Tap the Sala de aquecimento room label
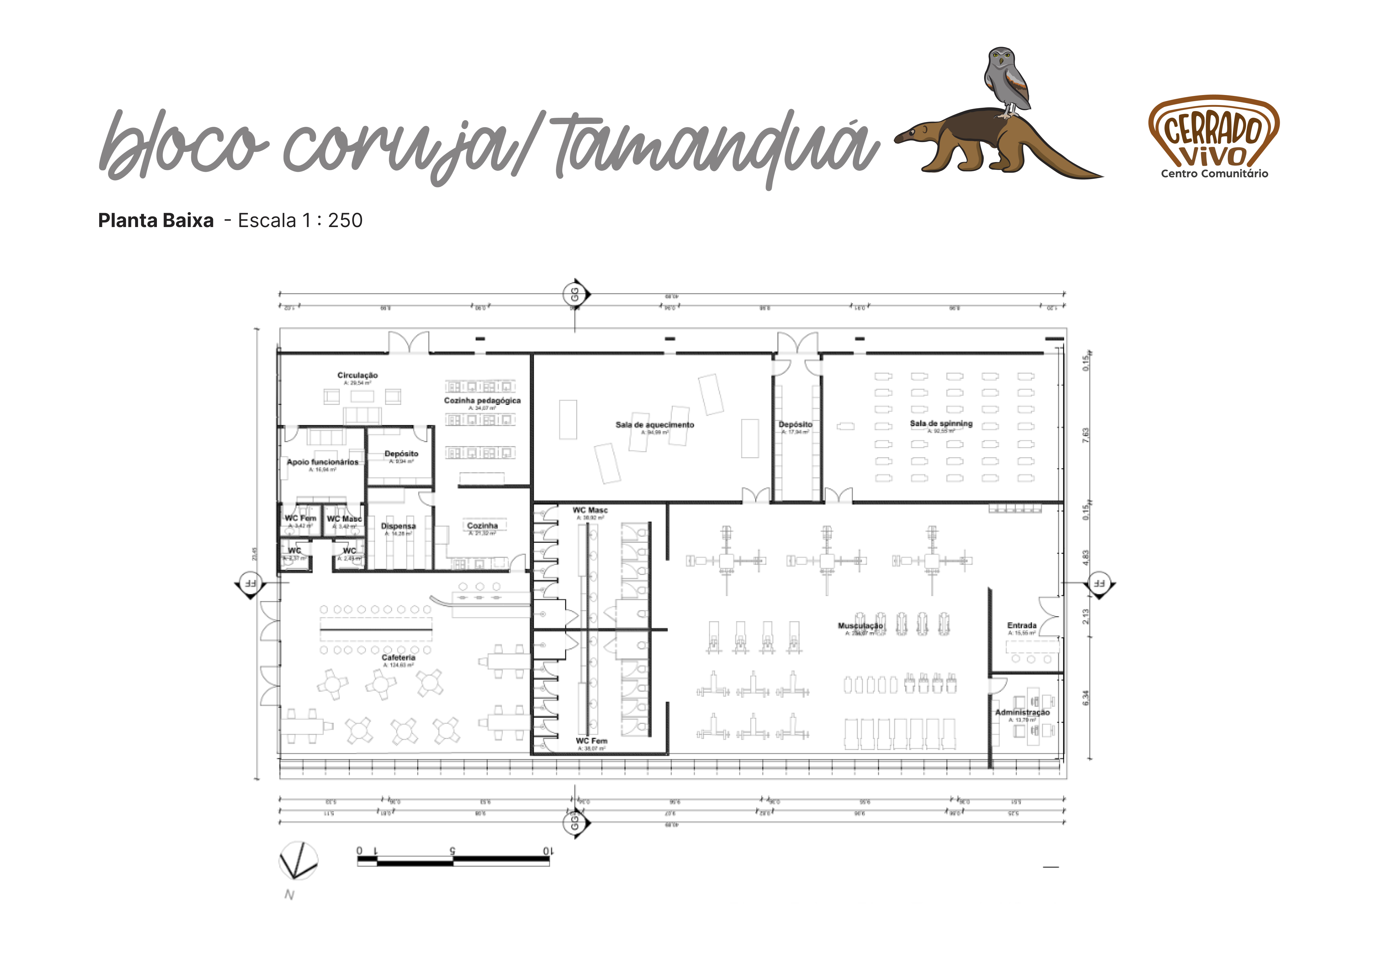654,425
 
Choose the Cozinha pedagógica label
482,400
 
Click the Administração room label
1022,712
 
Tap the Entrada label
1022,626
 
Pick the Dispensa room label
398,526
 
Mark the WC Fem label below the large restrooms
591,741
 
